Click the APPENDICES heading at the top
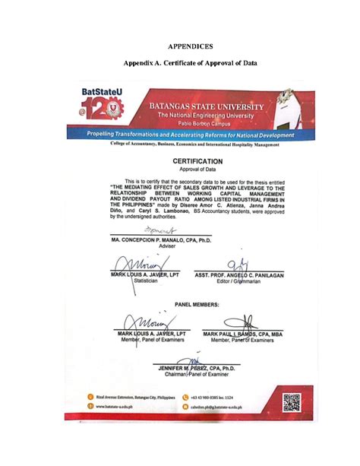point(180,47)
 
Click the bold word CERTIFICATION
point(197,162)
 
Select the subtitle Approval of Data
point(197,170)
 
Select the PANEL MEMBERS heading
point(197,303)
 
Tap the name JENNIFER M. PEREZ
point(197,368)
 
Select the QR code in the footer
point(292,402)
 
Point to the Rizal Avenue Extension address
point(139,397)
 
